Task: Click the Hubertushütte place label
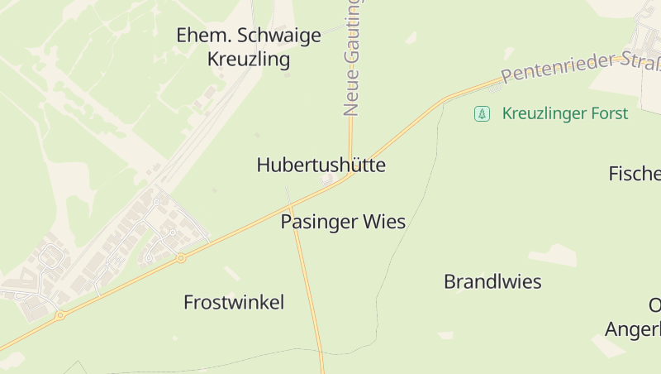tap(321, 165)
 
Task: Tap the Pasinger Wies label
tap(343, 222)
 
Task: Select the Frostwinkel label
tap(234, 302)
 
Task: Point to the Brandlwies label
tap(492, 281)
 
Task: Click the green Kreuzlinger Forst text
tap(565, 113)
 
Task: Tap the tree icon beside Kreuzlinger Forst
tap(482, 113)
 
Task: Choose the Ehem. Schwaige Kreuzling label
tap(249, 47)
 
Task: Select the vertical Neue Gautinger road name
tap(352, 58)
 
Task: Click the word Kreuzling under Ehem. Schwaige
tap(249, 60)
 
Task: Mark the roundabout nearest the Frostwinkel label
tap(181, 258)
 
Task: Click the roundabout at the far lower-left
tap(59, 315)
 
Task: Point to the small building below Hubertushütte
tap(328, 180)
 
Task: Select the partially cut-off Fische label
tap(635, 173)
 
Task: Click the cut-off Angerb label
tap(633, 329)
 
